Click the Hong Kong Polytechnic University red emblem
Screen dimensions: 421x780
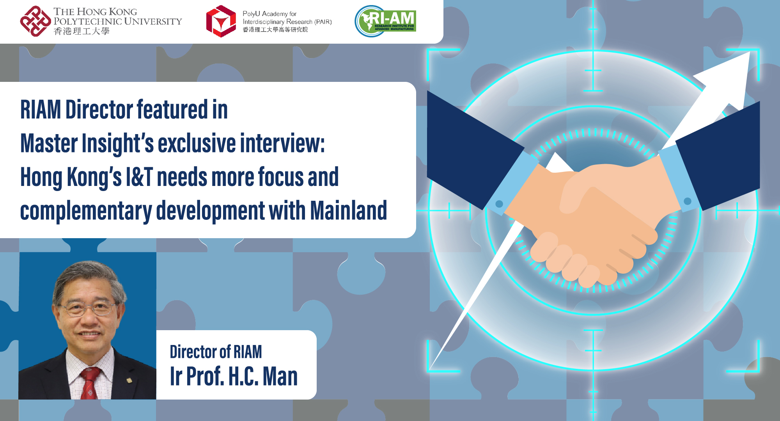coord(35,21)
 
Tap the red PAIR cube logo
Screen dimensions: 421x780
coord(221,21)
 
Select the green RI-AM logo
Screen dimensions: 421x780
coord(386,21)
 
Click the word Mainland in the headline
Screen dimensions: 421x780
coord(348,210)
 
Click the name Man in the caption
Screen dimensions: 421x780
coord(280,376)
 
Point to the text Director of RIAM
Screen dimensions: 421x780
coord(216,352)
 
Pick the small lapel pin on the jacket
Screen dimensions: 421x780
coord(129,380)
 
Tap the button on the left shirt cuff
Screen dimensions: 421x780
coord(499,204)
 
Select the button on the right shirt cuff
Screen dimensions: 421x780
coord(688,201)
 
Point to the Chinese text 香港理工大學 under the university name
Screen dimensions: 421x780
coord(82,31)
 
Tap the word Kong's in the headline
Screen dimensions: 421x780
coord(94,177)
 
